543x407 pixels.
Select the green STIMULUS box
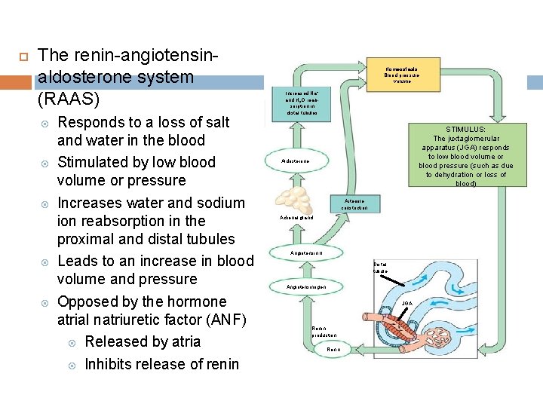pyautogui.click(x=465, y=156)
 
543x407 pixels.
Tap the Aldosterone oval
pyautogui.click(x=296, y=162)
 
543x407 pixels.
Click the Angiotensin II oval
pyautogui.click(x=307, y=252)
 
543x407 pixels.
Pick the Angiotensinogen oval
pyautogui.click(x=306, y=287)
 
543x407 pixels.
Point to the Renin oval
pyautogui.click(x=334, y=350)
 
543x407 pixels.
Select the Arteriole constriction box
pyautogui.click(x=354, y=204)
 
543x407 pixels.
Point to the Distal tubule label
pyautogui.click(x=379, y=268)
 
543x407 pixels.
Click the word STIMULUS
pyautogui.click(x=465, y=130)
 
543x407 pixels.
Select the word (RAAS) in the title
pyautogui.click(x=68, y=99)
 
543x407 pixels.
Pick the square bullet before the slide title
pyautogui.click(x=22, y=56)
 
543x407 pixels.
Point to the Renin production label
pyautogui.click(x=324, y=332)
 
